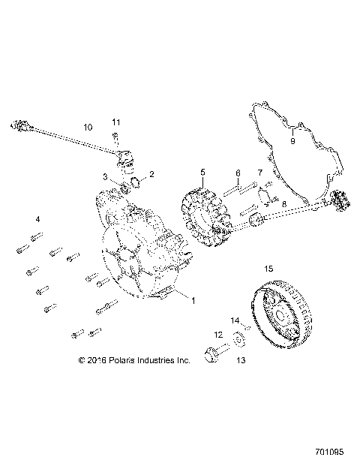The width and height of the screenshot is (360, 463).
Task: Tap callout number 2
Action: tap(151, 174)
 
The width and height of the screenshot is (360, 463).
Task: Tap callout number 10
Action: tap(88, 128)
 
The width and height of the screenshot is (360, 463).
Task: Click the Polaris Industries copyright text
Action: tap(133, 360)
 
